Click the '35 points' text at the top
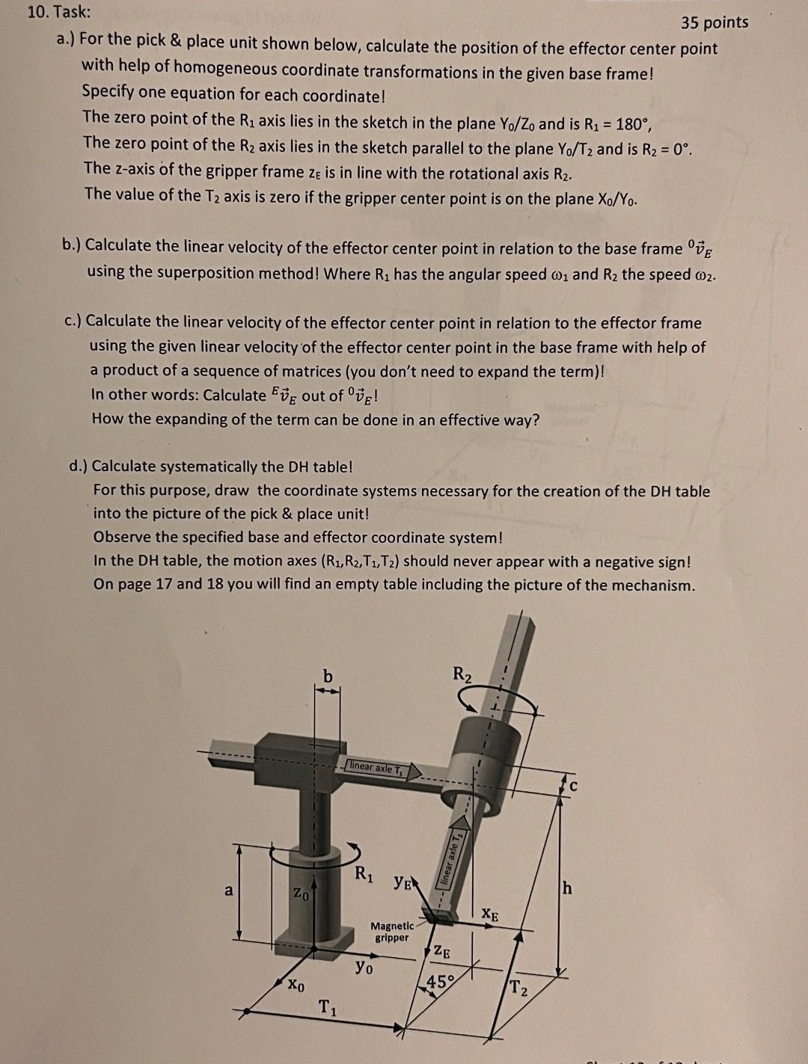(714, 22)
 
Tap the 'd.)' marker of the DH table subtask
(77, 467)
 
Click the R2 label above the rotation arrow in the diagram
(462, 673)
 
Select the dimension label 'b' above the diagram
(327, 676)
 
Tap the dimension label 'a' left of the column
(229, 890)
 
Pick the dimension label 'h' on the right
(568, 888)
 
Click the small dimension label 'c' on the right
(574, 786)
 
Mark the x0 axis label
(296, 985)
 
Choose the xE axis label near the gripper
(490, 914)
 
